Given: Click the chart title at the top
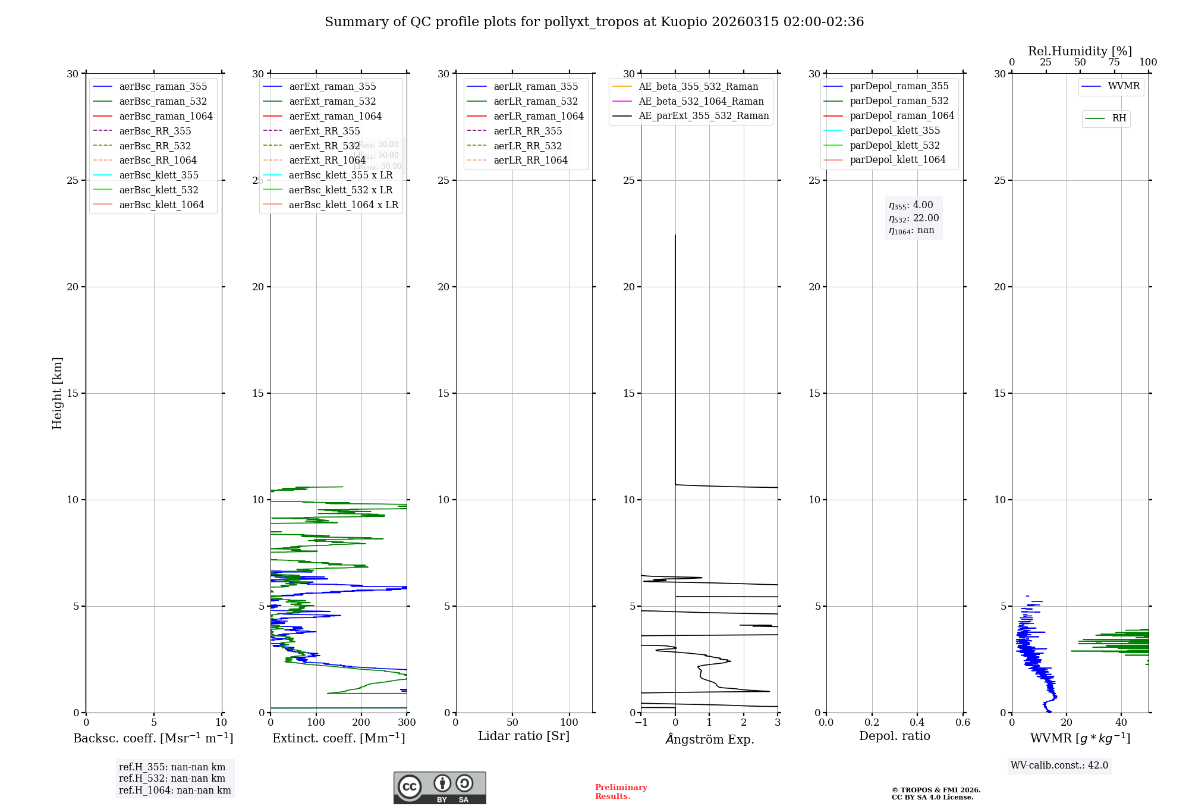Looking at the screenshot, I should point(594,22).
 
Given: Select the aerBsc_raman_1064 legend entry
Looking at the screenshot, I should point(165,116).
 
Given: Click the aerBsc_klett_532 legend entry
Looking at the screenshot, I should point(158,190).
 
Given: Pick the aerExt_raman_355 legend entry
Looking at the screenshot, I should point(332,86).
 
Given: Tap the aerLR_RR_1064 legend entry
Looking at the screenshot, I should point(530,160).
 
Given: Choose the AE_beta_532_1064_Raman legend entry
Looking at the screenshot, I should point(701,101).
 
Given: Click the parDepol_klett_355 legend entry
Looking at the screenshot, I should point(895,130).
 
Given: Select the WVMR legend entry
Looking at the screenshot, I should point(1124,86).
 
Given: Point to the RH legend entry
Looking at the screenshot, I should point(1119,118).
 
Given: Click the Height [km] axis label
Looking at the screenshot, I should point(57,393).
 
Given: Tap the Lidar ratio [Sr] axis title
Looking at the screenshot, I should point(524,736).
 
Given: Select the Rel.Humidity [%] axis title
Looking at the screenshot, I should point(1080,51).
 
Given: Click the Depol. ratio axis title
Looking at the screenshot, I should point(894,736).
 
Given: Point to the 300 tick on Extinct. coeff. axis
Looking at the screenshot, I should point(407,723).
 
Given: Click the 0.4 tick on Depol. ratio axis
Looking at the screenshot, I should point(917,723).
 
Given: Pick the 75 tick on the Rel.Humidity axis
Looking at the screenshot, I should point(1114,62).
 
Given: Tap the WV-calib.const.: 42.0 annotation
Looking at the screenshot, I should point(1059,765).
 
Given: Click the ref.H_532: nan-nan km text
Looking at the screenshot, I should point(172,778).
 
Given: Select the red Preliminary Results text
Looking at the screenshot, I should point(621,792).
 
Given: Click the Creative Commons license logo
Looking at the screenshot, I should point(439,788).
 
